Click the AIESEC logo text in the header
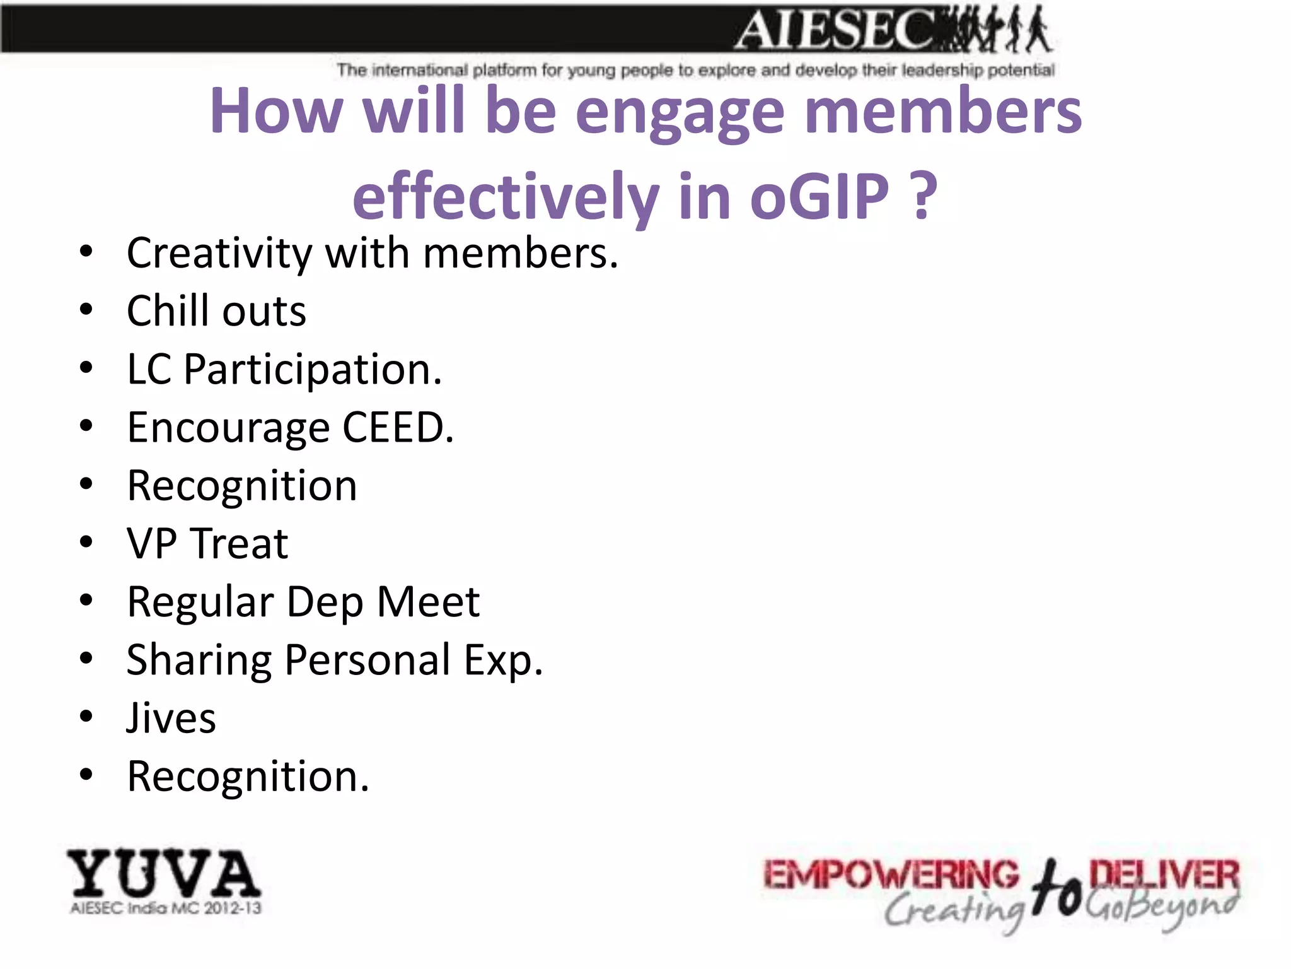pos(832,30)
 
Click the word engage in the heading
pos(680,112)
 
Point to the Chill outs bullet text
pos(216,311)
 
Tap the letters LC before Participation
pos(149,369)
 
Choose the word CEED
pos(397,428)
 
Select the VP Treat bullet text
pos(207,543)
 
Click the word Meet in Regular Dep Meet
pos(428,601)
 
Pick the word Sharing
pos(199,661)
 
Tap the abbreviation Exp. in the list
pos(503,661)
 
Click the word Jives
pos(171,718)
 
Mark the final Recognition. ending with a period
pos(248,776)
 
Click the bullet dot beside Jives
pos(86,716)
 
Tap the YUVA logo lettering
pos(164,874)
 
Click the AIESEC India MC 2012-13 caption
pos(165,908)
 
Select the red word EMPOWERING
pos(891,876)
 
